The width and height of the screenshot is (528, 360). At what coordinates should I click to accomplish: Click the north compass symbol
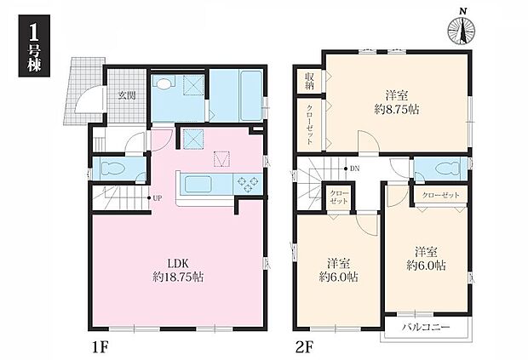(x=462, y=30)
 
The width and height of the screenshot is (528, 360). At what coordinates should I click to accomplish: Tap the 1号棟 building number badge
(x=34, y=46)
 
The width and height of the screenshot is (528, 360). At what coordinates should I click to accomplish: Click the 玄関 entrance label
(x=127, y=95)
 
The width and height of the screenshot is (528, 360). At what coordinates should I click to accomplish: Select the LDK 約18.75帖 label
(x=178, y=270)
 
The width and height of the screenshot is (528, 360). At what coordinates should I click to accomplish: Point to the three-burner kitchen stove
(x=247, y=184)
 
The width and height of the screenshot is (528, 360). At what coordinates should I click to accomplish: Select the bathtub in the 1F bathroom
(x=250, y=94)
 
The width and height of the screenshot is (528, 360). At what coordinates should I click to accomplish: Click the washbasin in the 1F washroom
(x=164, y=83)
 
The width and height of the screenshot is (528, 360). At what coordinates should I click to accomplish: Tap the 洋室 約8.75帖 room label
(x=397, y=103)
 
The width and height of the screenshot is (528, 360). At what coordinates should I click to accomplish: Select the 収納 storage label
(x=309, y=81)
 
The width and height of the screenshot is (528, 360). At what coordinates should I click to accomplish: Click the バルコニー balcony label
(x=426, y=328)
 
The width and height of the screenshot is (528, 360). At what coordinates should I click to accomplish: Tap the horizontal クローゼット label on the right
(x=441, y=195)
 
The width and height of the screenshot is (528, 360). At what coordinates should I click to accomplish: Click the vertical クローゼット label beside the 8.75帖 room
(x=309, y=124)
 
